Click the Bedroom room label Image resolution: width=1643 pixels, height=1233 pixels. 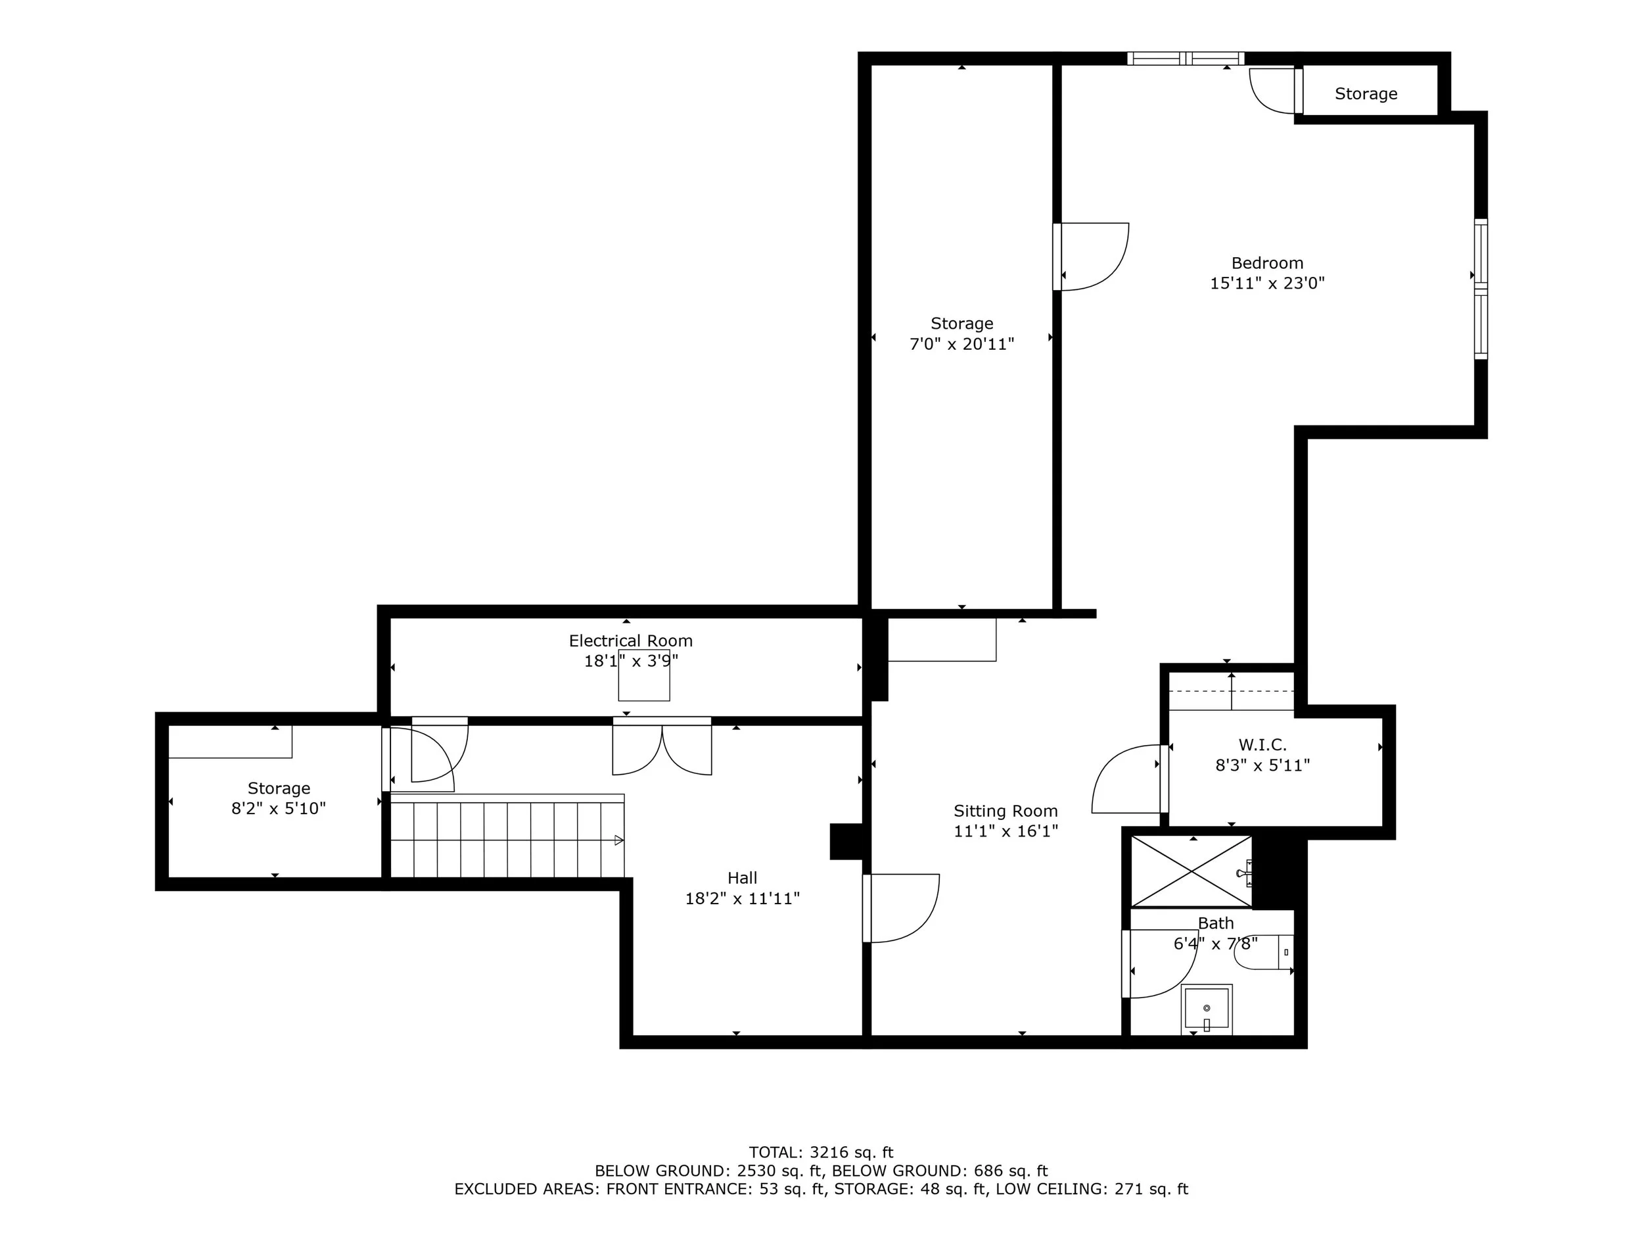click(x=1267, y=263)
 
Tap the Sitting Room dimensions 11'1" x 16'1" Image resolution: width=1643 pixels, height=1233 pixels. click(x=1006, y=831)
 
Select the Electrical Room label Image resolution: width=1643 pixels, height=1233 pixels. click(x=631, y=641)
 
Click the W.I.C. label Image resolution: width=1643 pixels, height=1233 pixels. click(x=1262, y=744)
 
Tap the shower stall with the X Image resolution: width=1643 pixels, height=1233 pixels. click(x=1192, y=871)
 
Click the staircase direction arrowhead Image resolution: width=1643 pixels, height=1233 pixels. click(x=618, y=840)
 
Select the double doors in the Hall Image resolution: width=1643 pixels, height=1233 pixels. click(x=662, y=746)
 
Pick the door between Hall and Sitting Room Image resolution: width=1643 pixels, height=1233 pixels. click(x=901, y=908)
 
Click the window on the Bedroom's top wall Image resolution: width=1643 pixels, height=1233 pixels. click(x=1186, y=59)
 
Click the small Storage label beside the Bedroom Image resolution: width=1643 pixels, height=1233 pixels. click(x=1366, y=93)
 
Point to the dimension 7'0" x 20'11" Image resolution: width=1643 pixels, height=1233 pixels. click(x=962, y=344)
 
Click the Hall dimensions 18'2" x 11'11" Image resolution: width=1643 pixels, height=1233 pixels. click(x=742, y=898)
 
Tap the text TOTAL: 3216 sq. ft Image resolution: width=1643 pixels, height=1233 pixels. click(x=821, y=1153)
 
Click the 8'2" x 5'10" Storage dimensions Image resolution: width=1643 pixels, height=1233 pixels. click(x=279, y=809)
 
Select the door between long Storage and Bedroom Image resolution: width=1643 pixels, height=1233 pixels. click(x=1091, y=256)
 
